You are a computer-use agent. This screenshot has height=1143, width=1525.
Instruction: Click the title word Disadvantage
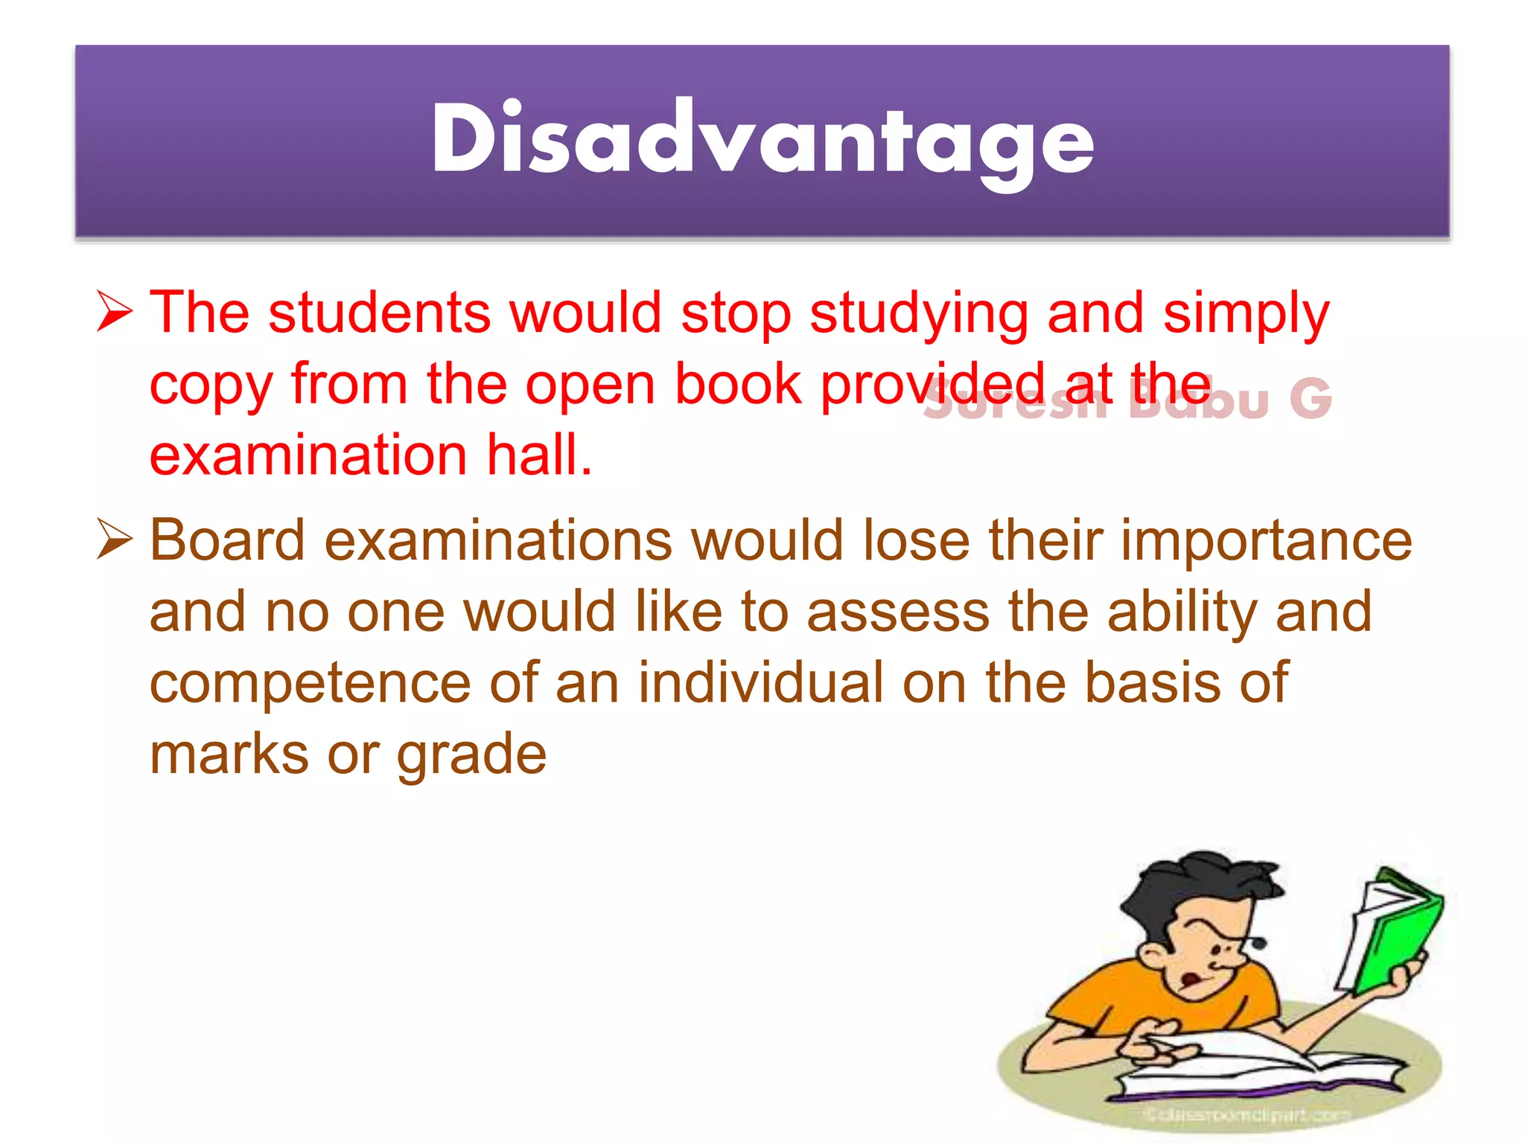click(762, 140)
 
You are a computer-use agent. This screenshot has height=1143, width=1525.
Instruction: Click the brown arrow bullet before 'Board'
click(115, 540)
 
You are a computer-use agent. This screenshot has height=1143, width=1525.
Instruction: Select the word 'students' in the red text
click(379, 313)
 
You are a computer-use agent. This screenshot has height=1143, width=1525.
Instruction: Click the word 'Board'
click(227, 540)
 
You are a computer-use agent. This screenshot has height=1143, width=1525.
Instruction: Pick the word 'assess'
click(898, 612)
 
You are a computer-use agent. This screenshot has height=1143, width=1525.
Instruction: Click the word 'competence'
click(310, 683)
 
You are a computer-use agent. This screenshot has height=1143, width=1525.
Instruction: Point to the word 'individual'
click(760, 682)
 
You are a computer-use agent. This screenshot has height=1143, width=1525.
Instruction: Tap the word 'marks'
click(229, 754)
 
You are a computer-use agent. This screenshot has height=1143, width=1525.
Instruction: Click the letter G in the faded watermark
click(1311, 400)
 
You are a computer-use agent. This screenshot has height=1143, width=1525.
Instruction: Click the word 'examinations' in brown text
click(498, 540)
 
